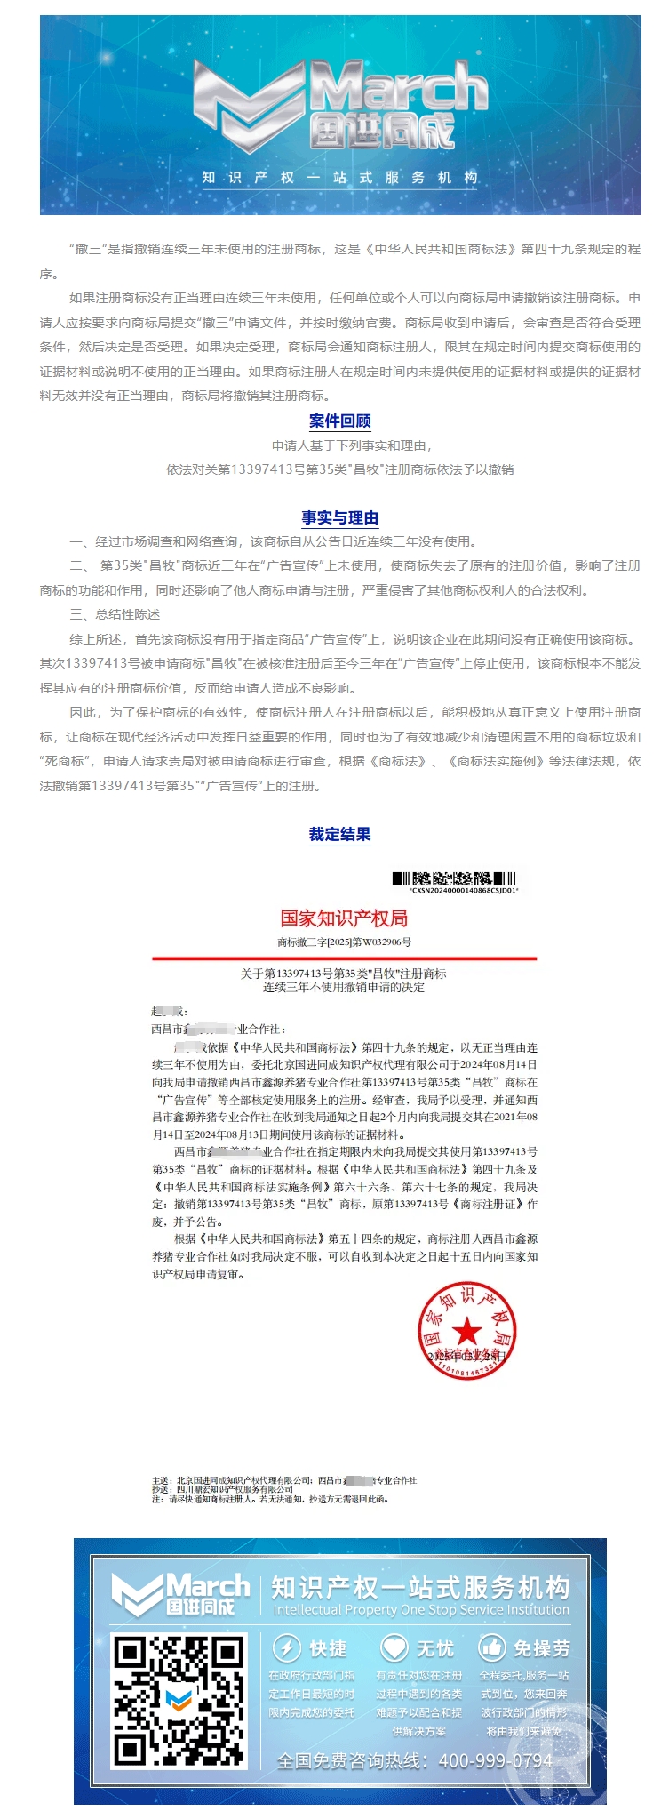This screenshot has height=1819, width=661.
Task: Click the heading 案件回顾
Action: pos(339,421)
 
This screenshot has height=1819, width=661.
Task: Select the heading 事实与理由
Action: pos(339,517)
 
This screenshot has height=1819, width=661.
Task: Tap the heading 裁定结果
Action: pos(339,834)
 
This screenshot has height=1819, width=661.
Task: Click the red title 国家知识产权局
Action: pos(344,918)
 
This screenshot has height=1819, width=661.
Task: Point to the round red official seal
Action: pos(466,1331)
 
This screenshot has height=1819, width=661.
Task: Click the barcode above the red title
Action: pos(454,879)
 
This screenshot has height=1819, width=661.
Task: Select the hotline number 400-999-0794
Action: pos(495,1760)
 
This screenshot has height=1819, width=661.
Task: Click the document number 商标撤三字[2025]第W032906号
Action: pos(344,942)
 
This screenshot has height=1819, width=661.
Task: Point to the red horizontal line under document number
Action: pos(344,958)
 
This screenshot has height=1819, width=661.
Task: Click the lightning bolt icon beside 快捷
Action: pos(286,1647)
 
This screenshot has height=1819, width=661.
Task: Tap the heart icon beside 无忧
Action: pos(394,1647)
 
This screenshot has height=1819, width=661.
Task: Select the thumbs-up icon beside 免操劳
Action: pos(491,1647)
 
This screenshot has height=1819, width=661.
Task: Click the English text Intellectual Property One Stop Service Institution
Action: pos(420,1609)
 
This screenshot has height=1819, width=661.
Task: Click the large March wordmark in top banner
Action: pos(400,89)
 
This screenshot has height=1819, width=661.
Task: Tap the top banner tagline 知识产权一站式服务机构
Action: pos(339,177)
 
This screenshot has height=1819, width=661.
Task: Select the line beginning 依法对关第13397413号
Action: pos(339,469)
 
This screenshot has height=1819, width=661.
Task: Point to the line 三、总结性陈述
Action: pos(115,614)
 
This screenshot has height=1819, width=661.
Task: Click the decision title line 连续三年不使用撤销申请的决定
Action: pos(344,987)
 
